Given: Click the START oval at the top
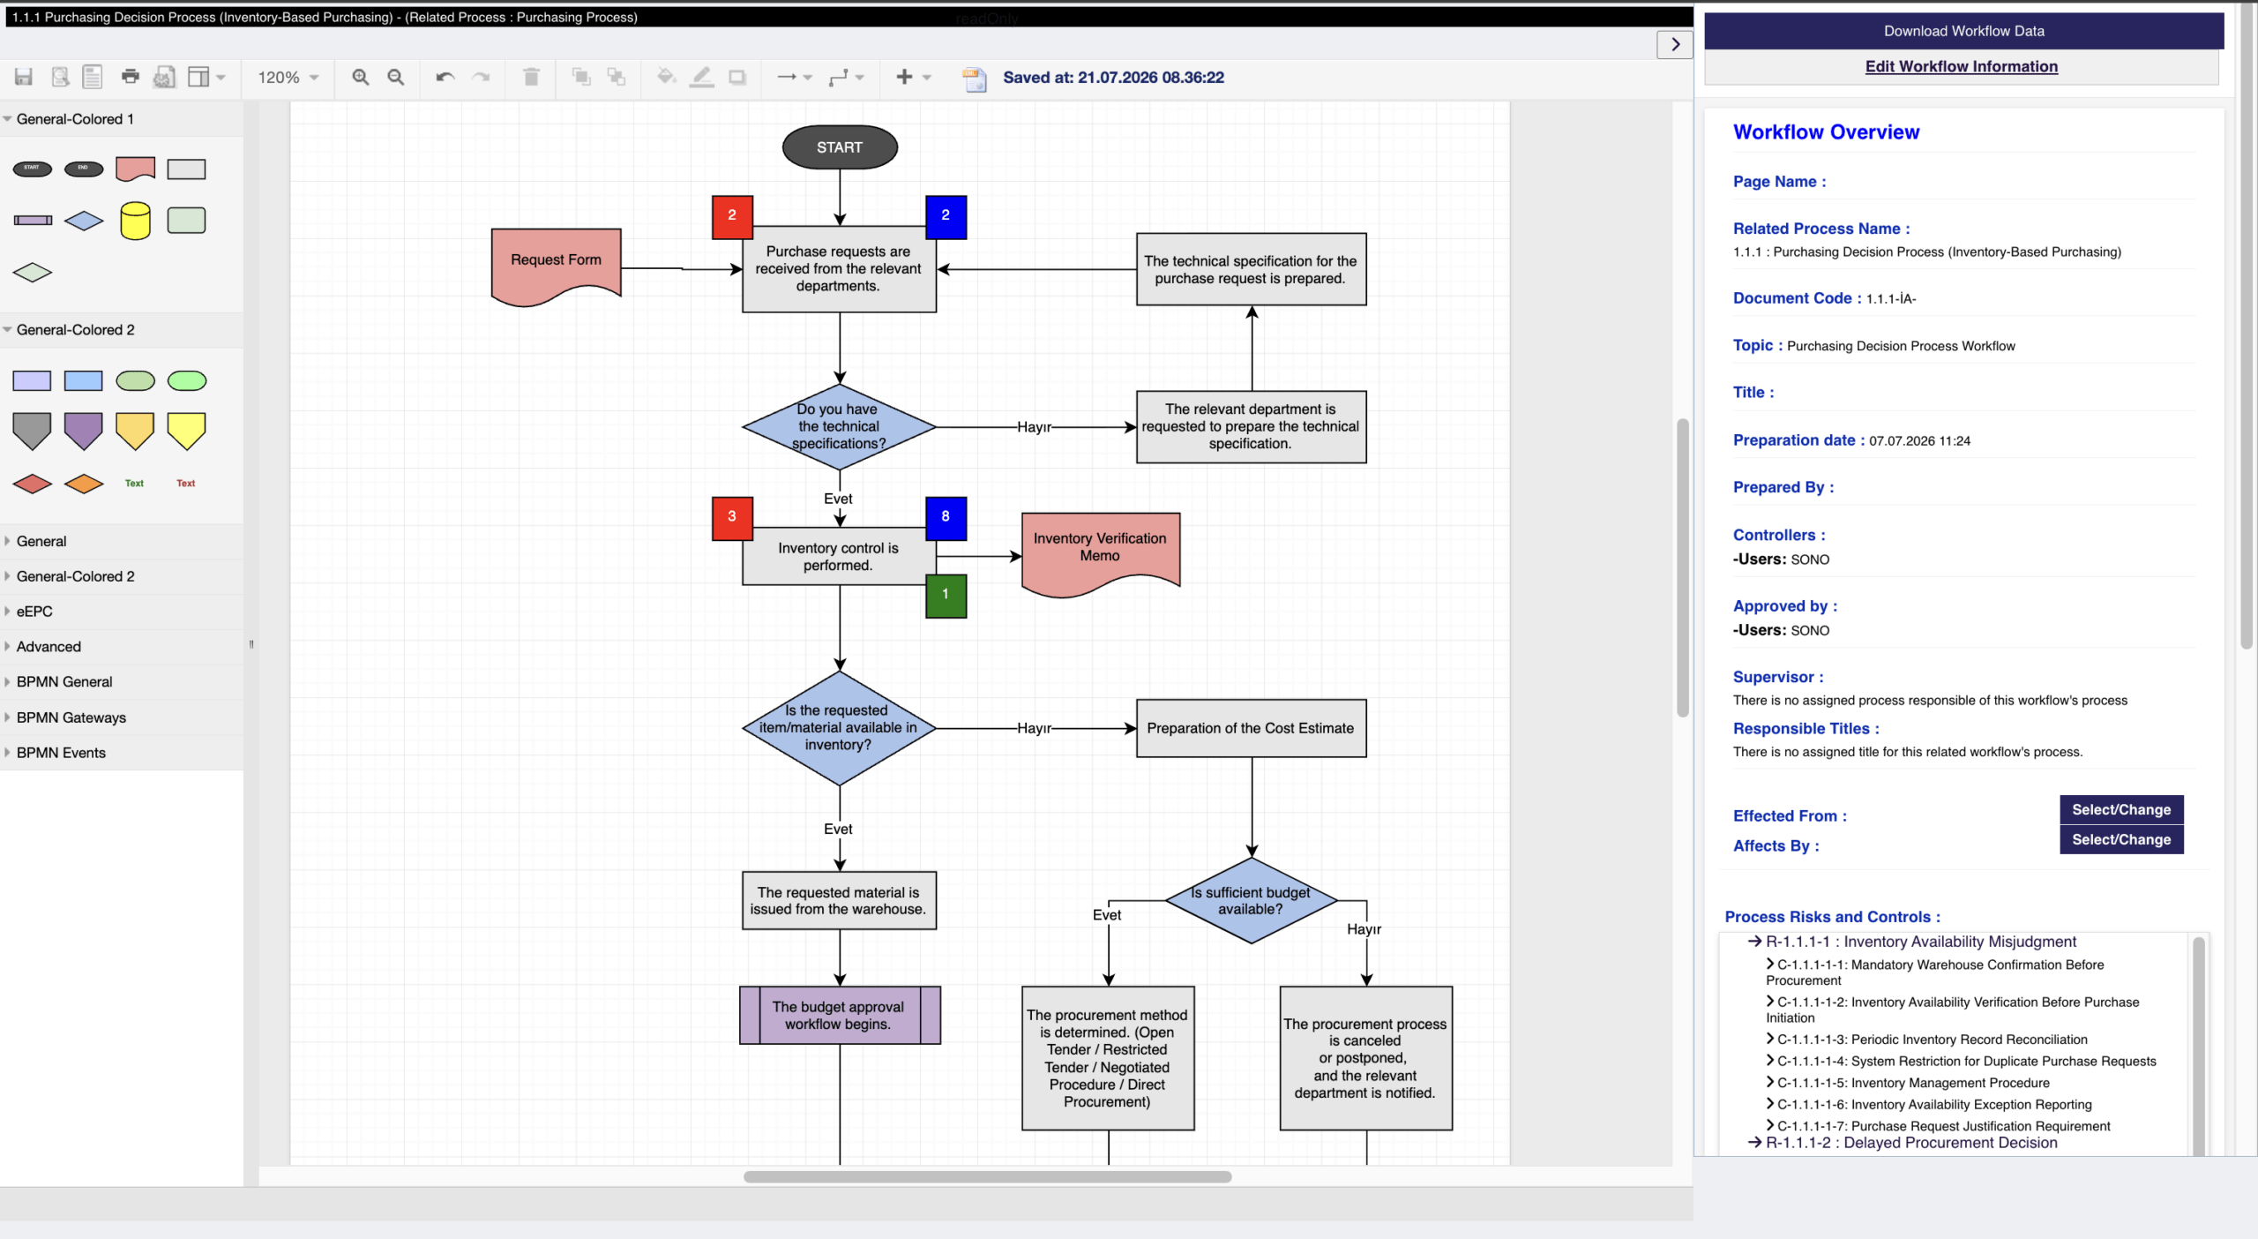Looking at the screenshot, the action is point(840,147).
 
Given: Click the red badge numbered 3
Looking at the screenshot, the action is point(732,517).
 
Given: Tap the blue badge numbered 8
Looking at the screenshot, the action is point(946,517).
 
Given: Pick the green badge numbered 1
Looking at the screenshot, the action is point(946,596).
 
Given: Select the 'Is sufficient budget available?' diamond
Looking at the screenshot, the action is point(1251,901).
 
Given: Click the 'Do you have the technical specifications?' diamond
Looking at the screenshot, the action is point(839,427).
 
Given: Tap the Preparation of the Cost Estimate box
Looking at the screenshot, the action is point(1251,728).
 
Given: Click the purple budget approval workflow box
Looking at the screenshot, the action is point(840,1015).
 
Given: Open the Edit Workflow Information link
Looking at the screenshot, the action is point(1961,66).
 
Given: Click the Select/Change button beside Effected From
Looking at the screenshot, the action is point(2121,809).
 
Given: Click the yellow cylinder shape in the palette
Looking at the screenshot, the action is point(135,221).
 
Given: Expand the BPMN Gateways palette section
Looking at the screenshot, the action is point(71,717).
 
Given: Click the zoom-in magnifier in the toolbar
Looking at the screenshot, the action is point(360,78).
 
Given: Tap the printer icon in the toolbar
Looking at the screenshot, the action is point(130,77).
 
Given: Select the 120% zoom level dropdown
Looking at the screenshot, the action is point(288,78).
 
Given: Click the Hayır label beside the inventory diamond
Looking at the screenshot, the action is point(1034,728).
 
